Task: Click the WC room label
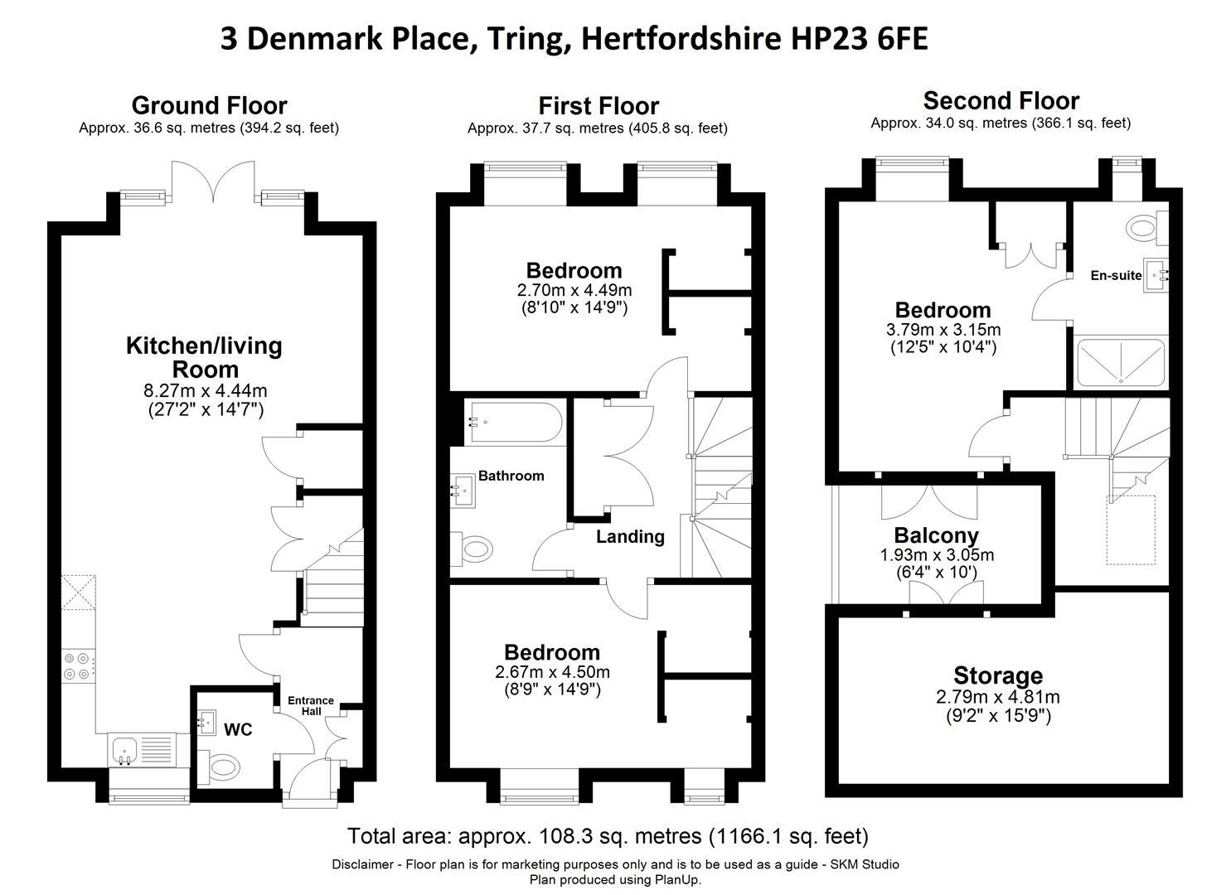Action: click(238, 730)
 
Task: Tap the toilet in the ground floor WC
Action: click(223, 767)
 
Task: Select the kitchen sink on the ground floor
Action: click(125, 750)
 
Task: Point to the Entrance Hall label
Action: click(311, 706)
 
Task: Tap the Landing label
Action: click(630, 537)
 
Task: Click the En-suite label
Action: click(1116, 276)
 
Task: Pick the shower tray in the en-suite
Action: click(1120, 363)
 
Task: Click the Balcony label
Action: click(936, 535)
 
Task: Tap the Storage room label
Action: click(997, 675)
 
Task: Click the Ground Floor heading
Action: click(209, 106)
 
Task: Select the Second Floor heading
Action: click(1001, 101)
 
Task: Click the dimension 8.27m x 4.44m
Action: click(206, 391)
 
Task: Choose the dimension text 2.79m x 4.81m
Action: click(998, 697)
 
